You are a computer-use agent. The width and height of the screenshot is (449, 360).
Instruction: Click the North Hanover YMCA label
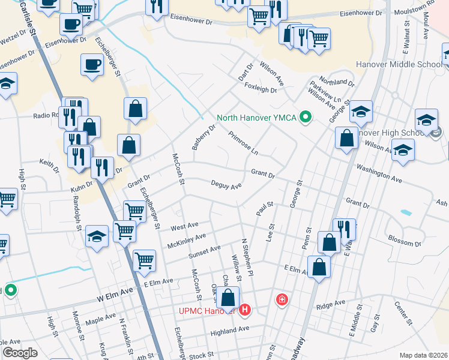(x=257, y=118)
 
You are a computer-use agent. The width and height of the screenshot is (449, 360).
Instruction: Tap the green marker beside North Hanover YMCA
(x=306, y=116)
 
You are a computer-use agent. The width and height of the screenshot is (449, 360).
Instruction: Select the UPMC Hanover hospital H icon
(x=244, y=310)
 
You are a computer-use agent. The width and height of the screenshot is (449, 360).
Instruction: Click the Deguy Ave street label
(x=226, y=185)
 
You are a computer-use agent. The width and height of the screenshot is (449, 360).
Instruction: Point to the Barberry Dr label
(x=203, y=137)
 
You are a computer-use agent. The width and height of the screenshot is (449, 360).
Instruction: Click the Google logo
(x=20, y=353)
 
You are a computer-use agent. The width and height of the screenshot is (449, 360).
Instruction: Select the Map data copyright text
(x=423, y=355)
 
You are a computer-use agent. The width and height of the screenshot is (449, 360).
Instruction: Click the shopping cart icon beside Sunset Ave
(x=144, y=260)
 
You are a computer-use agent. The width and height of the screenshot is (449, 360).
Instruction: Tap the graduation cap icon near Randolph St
(x=97, y=236)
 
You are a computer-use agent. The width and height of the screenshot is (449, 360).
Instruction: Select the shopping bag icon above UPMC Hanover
(x=228, y=297)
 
